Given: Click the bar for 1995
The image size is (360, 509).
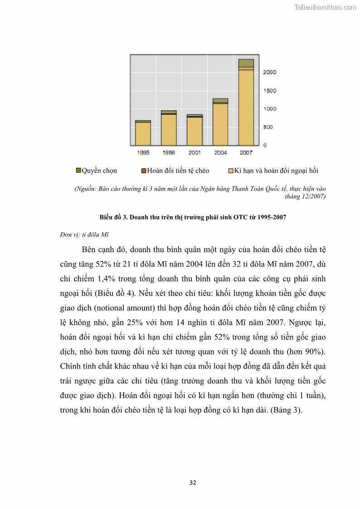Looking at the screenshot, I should (x=143, y=133).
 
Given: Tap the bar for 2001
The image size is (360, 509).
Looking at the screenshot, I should (x=195, y=130).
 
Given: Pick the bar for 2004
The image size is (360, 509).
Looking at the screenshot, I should (x=220, y=122).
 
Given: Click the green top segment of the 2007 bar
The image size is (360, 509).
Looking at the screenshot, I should (x=246, y=63).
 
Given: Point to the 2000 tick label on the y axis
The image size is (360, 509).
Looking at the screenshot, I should (x=270, y=73).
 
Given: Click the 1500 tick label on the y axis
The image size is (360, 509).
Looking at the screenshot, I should (x=270, y=91).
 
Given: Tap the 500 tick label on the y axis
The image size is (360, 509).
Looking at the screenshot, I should (x=268, y=127).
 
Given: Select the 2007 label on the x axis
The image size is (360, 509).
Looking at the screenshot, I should (x=246, y=153).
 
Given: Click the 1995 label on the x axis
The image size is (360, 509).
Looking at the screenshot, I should (x=143, y=153).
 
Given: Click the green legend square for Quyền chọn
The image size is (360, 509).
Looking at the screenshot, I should (x=78, y=170).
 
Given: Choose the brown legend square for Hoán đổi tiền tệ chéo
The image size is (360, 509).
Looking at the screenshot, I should (x=144, y=170).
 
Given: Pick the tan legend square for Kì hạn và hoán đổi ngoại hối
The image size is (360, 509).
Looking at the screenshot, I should (x=231, y=170).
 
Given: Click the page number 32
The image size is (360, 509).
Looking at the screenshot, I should (x=193, y=483).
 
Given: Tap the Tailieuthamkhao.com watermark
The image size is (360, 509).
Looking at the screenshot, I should (x=325, y=7).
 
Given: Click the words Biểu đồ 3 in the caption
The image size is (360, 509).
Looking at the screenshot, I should (x=113, y=217).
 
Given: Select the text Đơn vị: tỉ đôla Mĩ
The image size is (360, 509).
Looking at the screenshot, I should (x=84, y=234).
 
